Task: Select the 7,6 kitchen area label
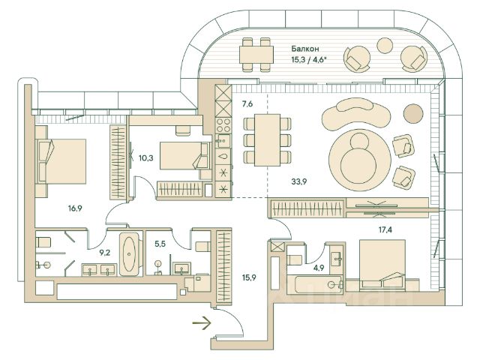point(248,104)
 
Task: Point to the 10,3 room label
point(146,158)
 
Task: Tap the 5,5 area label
point(160,243)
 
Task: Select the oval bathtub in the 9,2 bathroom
point(130,256)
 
